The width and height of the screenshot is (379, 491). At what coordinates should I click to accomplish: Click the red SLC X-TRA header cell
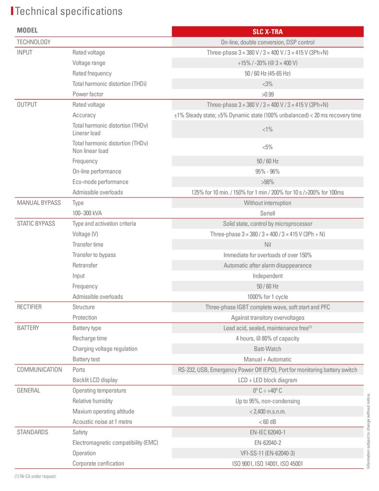(267, 32)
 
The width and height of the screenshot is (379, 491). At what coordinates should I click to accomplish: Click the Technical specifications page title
(69, 11)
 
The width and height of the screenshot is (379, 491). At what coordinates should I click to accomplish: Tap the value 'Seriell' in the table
(267, 213)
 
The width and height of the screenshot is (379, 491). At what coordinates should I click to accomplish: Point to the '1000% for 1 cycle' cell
(267, 297)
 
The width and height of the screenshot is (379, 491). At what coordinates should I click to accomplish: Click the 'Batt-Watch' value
(267, 349)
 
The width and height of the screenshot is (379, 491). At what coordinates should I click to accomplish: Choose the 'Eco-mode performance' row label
(100, 182)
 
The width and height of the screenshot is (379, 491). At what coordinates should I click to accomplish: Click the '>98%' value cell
(267, 182)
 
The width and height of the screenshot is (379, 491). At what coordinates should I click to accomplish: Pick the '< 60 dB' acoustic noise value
(267, 422)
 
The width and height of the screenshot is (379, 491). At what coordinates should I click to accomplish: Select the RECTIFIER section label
(29, 307)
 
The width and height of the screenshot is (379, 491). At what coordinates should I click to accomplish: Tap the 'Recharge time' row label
(90, 339)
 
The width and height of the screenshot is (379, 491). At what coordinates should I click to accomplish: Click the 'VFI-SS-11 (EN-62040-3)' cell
(267, 453)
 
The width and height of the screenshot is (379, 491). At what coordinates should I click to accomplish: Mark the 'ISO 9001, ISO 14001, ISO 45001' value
(267, 464)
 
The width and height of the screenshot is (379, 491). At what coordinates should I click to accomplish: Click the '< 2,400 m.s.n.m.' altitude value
(267, 411)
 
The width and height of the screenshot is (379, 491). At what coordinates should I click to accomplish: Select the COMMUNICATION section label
(39, 370)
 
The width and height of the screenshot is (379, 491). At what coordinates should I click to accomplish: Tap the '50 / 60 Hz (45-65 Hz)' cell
(267, 73)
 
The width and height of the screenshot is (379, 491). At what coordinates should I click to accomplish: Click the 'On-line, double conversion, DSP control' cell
(267, 42)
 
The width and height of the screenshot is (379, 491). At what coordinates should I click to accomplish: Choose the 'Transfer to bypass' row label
(94, 255)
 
